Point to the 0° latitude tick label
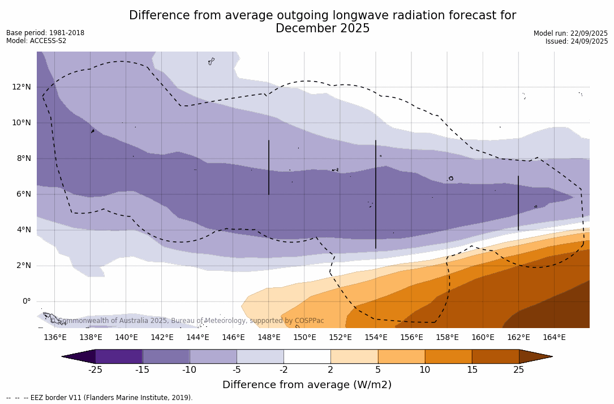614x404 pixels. point(27,301)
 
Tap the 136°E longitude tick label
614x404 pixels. point(55,337)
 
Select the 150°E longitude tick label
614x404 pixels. point(304,337)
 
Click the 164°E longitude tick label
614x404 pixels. point(554,337)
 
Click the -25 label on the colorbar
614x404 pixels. point(95,370)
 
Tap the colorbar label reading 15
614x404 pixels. point(471,370)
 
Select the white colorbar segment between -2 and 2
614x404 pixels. point(307,356)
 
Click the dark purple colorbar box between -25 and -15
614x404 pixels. point(119,356)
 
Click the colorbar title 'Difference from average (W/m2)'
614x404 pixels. point(307,385)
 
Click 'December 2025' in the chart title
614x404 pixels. point(323,28)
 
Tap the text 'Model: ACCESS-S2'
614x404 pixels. point(36,41)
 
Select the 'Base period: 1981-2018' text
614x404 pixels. point(45,33)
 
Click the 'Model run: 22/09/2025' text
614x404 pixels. point(570,33)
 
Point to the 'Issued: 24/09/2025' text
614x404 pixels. point(577,41)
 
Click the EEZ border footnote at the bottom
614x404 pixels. point(99,398)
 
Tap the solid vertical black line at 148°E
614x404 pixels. point(269,167)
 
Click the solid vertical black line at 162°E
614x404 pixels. point(518,203)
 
